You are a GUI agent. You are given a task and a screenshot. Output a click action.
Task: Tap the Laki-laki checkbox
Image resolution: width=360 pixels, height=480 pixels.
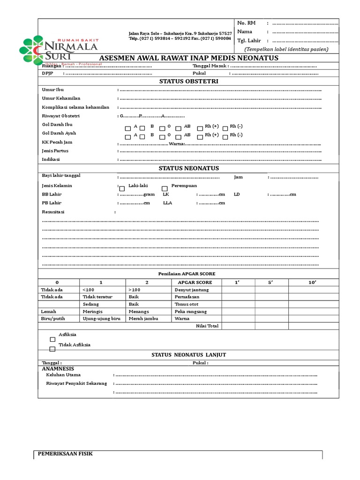tap(122, 188)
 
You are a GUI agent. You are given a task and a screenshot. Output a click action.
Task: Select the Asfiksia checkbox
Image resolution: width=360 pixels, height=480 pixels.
tap(52, 339)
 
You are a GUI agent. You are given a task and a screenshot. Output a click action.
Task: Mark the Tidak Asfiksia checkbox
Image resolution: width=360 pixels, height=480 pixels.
tap(52, 349)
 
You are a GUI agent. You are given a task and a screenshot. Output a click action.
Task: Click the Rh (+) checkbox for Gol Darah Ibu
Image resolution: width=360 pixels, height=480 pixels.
tap(200, 128)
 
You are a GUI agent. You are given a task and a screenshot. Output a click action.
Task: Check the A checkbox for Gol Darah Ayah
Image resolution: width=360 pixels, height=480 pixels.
tap(128, 136)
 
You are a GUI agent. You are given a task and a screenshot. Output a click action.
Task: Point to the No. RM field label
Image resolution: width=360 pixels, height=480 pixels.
tap(246, 22)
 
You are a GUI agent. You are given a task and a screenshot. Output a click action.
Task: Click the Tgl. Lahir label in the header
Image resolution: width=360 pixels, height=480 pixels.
tap(249, 40)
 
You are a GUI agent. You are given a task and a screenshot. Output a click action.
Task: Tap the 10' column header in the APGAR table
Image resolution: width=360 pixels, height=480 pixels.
tap(312, 282)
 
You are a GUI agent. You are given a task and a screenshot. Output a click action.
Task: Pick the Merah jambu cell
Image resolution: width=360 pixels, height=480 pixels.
tap(143, 319)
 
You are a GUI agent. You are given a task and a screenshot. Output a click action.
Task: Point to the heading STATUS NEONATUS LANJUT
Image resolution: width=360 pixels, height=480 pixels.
tap(188, 355)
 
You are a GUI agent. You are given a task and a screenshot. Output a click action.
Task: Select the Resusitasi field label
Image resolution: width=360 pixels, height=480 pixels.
tap(53, 212)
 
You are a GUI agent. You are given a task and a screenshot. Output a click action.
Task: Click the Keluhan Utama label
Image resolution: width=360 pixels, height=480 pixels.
tap(63, 375)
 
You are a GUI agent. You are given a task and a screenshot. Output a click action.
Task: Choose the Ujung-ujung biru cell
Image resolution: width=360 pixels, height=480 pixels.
tap(102, 319)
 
